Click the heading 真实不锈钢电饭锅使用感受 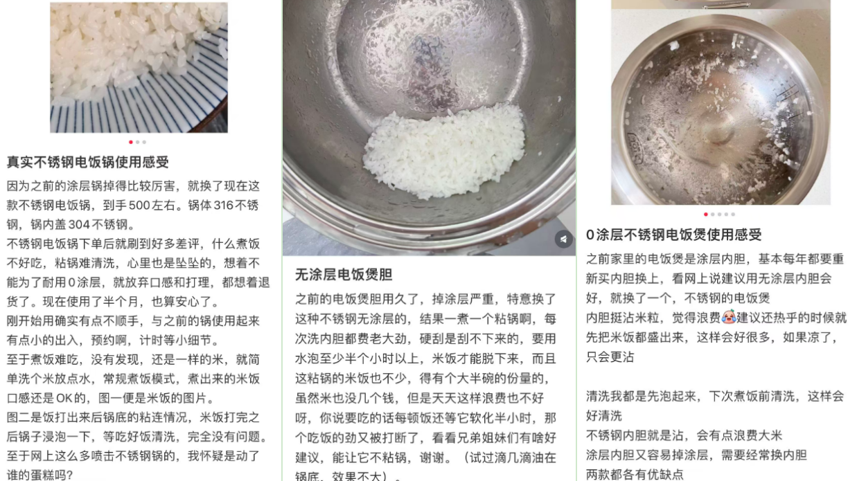pos(88,162)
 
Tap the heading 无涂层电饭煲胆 pos(344,275)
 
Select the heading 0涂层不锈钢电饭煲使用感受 pos(674,235)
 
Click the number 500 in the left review pos(139,205)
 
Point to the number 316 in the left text pos(224,205)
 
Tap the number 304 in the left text pos(79,224)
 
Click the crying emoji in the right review pos(728,318)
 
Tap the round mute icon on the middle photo pos(564,239)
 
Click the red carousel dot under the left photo pos(131,142)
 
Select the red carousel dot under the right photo pos(705,215)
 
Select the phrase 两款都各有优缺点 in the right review pos(635,474)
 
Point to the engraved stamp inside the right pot pos(635,148)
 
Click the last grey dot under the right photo pos(733,215)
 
